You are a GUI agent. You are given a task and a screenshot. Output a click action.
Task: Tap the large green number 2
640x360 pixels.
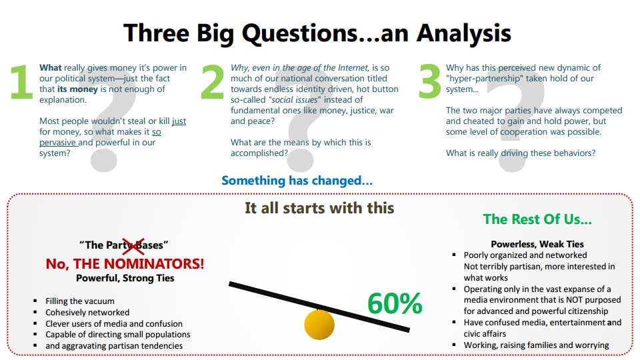pyautogui.click(x=212, y=83)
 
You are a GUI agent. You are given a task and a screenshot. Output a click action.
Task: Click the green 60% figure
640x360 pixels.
pyautogui.click(x=395, y=303)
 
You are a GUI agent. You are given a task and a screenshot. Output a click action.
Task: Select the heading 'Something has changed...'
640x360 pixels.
pyautogui.click(x=297, y=180)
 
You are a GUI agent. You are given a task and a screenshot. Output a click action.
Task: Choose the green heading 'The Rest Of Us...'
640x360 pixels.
pyautogui.click(x=537, y=219)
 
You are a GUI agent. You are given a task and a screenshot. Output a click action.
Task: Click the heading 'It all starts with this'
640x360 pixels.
pyautogui.click(x=319, y=207)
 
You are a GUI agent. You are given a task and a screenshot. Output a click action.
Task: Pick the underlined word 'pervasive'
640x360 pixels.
pyautogui.click(x=58, y=143)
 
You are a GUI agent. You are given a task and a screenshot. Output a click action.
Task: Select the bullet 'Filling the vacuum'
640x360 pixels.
pyautogui.click(x=80, y=301)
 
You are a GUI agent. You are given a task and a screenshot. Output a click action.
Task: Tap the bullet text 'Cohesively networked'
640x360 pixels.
pyautogui.click(x=87, y=312)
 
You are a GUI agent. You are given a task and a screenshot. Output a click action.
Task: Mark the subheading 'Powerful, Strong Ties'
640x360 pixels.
pyautogui.click(x=125, y=278)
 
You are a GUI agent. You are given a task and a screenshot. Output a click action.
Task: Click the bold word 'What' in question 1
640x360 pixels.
pyautogui.click(x=51, y=68)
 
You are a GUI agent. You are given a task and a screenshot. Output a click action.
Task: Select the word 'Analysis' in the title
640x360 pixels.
pyautogui.click(x=456, y=33)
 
